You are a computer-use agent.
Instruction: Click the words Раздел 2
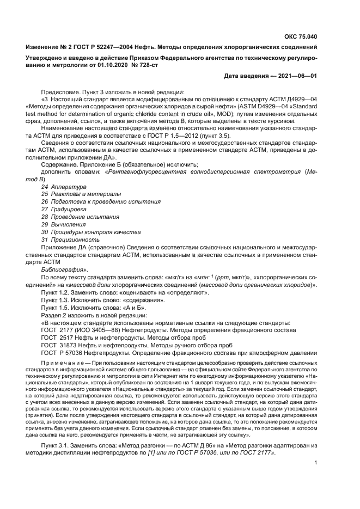click(54, 315)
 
